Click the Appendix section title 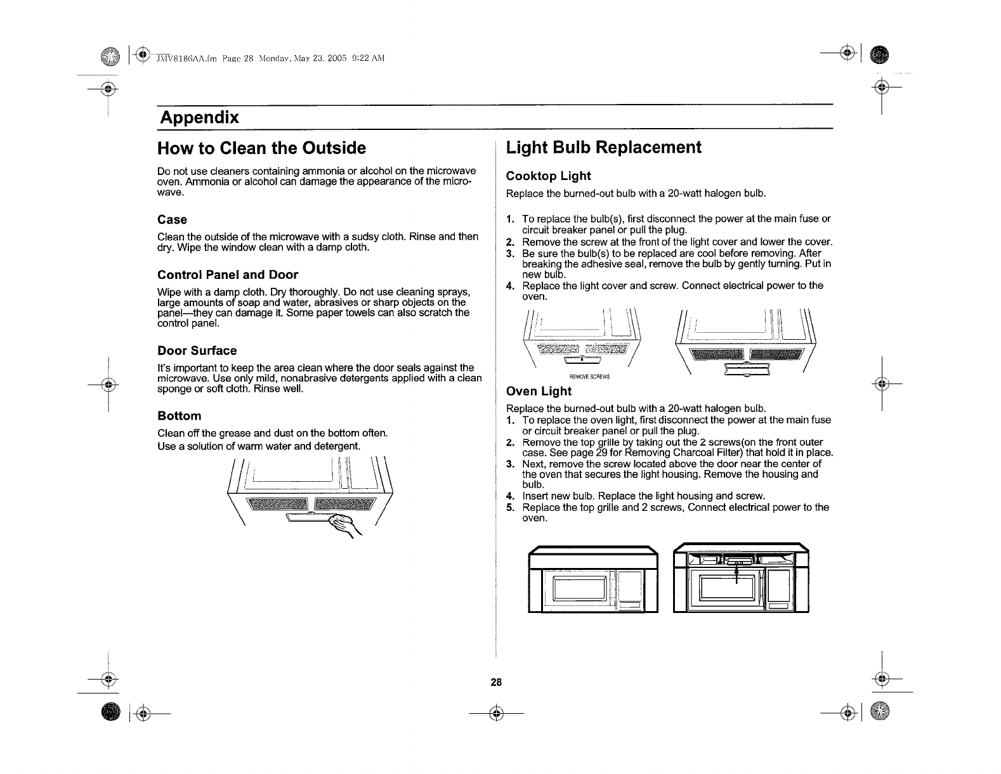(x=199, y=117)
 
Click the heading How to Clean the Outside (x=261, y=148)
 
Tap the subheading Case (x=172, y=220)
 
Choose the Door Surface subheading (x=197, y=351)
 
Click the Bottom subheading (x=179, y=416)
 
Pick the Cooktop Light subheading (x=548, y=176)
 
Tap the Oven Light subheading (x=539, y=391)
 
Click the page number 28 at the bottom (x=495, y=683)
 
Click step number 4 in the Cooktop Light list (x=509, y=286)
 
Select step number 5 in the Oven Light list (x=509, y=508)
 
